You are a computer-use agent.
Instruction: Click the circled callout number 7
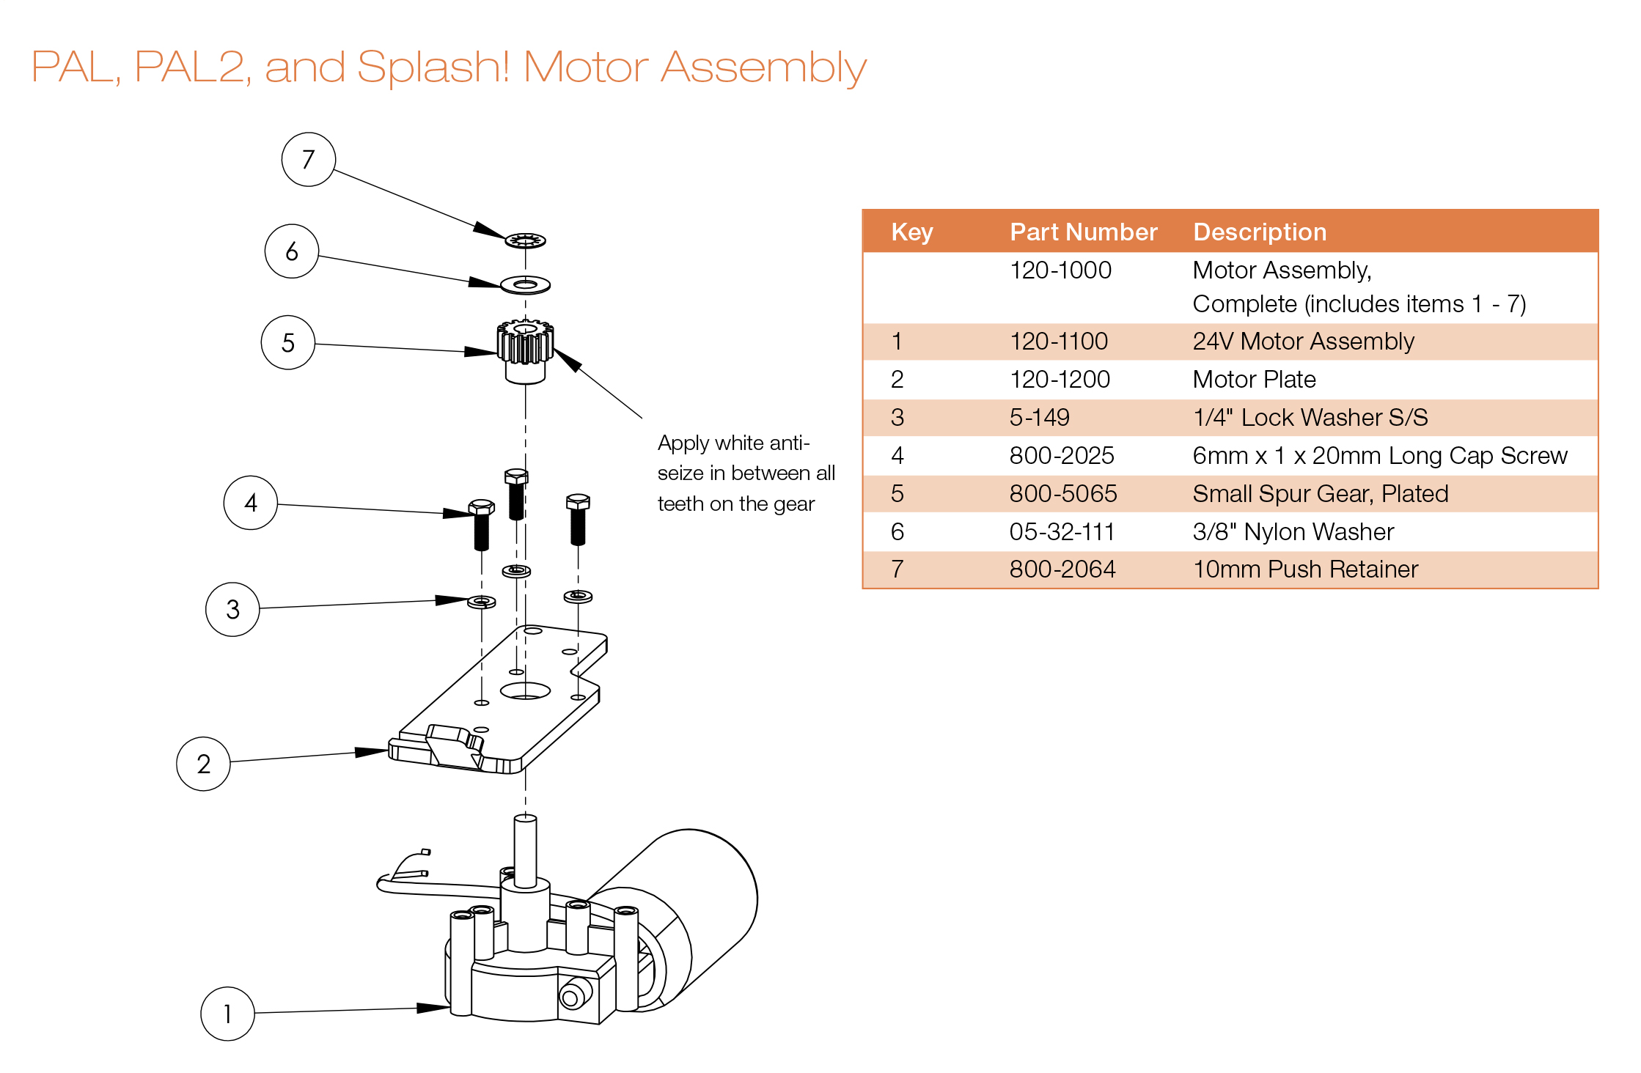[308, 159]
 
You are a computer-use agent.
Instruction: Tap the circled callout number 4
[250, 503]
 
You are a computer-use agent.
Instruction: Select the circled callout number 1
[227, 1014]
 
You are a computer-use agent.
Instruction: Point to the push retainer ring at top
[525, 240]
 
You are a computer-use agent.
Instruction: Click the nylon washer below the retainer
[525, 284]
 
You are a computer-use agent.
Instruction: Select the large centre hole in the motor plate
[525, 690]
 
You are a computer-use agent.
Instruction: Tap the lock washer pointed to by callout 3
[482, 602]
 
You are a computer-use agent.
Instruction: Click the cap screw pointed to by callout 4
[481, 525]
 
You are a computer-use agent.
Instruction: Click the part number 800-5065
[1062, 493]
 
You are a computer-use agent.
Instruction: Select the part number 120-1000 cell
[1060, 270]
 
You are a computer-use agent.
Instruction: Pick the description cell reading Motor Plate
[1254, 379]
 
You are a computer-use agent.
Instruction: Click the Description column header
[1259, 232]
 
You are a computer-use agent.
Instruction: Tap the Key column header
[911, 232]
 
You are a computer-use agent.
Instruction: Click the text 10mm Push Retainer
[1304, 569]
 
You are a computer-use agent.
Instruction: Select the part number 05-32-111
[1061, 531]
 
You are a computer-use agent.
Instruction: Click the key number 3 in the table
[897, 417]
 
